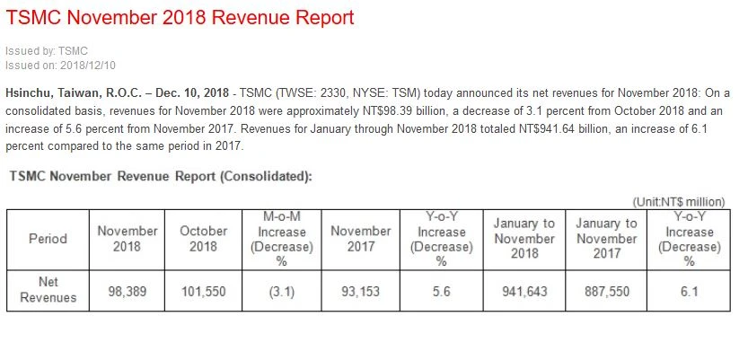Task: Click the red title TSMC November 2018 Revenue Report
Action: click(x=180, y=17)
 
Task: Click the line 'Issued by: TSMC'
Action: click(x=47, y=51)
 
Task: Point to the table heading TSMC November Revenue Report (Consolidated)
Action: click(x=160, y=176)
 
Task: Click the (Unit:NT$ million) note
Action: click(x=679, y=202)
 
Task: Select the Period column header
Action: click(x=48, y=239)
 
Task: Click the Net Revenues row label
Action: click(x=48, y=290)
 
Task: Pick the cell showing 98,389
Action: click(x=127, y=290)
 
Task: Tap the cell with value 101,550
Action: click(x=204, y=290)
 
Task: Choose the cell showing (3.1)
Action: click(x=280, y=290)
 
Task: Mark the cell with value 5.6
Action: click(x=441, y=290)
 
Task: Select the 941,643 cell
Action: click(x=524, y=290)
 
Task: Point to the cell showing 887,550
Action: click(x=606, y=290)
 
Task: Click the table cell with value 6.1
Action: click(x=689, y=290)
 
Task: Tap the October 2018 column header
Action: click(x=204, y=239)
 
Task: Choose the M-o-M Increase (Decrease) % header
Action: click(x=280, y=239)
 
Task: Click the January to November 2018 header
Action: click(x=524, y=239)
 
